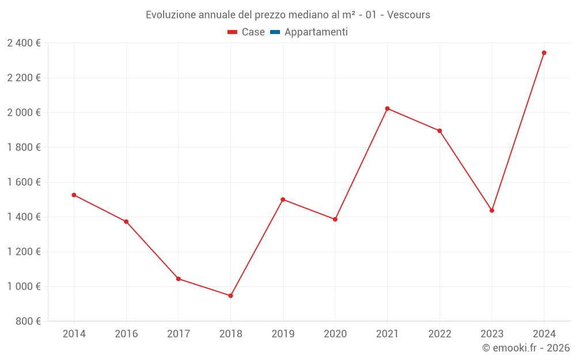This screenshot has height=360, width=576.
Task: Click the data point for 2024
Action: (544, 53)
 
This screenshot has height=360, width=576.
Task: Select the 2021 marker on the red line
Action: (387, 108)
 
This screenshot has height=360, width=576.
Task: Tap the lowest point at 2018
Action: (230, 295)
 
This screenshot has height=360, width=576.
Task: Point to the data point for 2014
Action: (74, 195)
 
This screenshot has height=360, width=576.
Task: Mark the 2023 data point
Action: (491, 210)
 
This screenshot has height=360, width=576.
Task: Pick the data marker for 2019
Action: (283, 199)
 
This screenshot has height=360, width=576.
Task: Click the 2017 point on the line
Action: (179, 279)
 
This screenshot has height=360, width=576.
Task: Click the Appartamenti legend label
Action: (316, 32)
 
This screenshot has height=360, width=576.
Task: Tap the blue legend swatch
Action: (275, 32)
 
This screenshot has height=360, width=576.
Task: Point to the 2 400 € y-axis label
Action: (24, 43)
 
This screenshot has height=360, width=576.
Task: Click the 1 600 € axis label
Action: (24, 182)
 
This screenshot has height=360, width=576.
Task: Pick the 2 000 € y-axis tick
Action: (24, 113)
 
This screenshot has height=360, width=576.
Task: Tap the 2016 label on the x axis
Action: (126, 334)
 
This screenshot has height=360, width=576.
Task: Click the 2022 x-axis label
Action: (439, 334)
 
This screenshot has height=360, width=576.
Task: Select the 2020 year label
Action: (335, 334)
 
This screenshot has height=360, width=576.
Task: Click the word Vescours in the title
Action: (409, 15)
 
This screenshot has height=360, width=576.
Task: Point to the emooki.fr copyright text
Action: (526, 348)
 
